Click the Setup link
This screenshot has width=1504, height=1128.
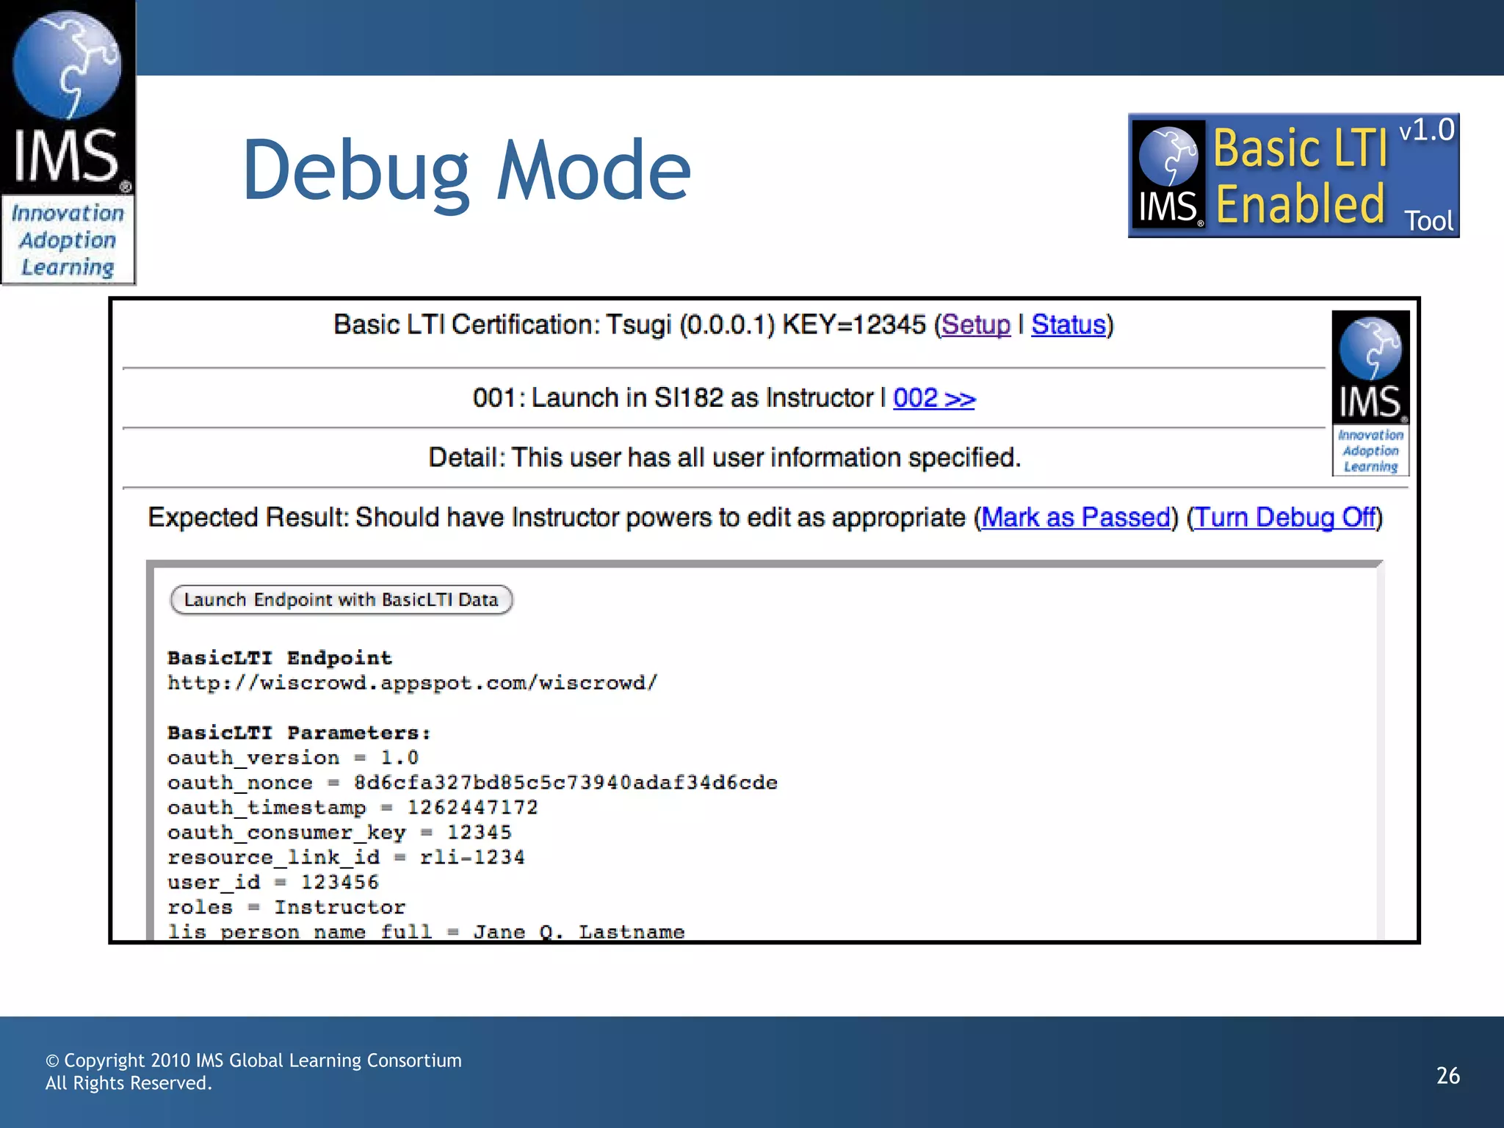976,325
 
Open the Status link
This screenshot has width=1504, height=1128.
1068,325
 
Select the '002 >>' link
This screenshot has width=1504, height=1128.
933,398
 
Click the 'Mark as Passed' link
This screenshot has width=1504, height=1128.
1075,518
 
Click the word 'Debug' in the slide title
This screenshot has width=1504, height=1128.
355,173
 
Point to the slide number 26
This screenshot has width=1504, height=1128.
1447,1076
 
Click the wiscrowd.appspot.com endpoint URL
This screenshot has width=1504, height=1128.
412,683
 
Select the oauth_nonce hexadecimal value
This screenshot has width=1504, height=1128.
565,783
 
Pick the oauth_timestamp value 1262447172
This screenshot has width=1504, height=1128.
472,808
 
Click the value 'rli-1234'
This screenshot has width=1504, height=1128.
472,858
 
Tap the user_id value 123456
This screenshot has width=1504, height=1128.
339,883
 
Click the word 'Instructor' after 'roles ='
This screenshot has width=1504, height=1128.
339,908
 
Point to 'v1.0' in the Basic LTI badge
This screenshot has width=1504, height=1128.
1426,131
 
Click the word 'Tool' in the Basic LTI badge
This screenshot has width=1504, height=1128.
1428,221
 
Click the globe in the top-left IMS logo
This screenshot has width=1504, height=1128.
67,65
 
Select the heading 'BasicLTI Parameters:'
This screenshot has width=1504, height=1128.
299,733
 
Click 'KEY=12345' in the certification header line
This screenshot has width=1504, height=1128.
854,325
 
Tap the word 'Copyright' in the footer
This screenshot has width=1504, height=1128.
104,1060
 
